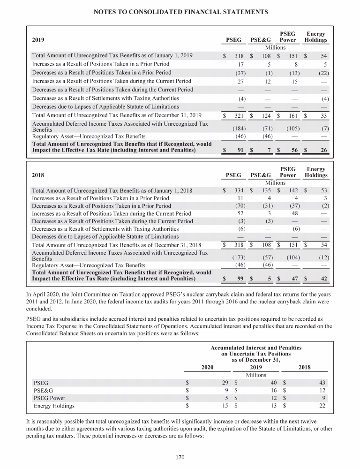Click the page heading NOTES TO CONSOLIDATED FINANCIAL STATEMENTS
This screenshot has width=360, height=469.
tap(180, 11)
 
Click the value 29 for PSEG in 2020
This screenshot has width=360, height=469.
tap(225, 383)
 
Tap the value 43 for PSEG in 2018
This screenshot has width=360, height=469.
tap(322, 383)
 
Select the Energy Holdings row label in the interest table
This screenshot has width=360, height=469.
tap(54, 406)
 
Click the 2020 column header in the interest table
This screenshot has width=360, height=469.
tap(207, 367)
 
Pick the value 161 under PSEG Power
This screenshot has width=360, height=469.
tap(293, 115)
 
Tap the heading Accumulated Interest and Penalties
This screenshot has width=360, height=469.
tap(256, 348)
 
